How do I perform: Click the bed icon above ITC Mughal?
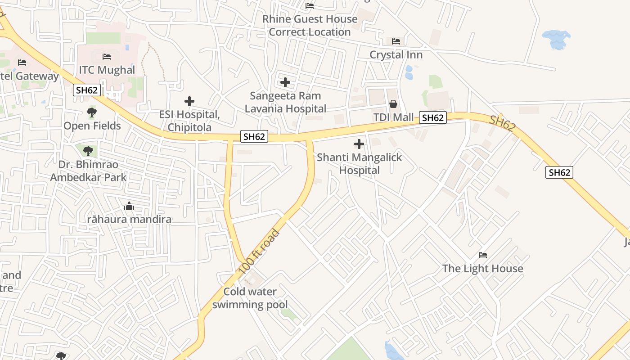[x=107, y=57]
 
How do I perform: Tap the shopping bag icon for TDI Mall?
[x=393, y=104]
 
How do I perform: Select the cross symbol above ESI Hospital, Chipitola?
[x=189, y=101]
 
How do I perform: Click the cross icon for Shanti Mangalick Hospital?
[x=359, y=144]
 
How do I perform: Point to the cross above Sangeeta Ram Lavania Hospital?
[x=285, y=82]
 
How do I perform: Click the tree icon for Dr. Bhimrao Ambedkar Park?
[x=88, y=151]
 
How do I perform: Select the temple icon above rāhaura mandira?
[x=129, y=207]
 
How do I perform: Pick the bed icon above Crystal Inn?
[x=396, y=41]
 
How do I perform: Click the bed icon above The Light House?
[x=483, y=255]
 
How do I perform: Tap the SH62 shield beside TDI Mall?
[x=433, y=118]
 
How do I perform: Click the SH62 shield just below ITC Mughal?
[x=86, y=90]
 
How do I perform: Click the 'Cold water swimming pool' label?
[x=250, y=298]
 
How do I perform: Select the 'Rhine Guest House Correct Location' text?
[x=310, y=26]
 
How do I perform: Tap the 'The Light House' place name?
[x=483, y=269]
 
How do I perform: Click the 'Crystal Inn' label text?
[x=396, y=55]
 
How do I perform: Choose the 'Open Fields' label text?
[x=92, y=126]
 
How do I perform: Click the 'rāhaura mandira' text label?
[x=129, y=220]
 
